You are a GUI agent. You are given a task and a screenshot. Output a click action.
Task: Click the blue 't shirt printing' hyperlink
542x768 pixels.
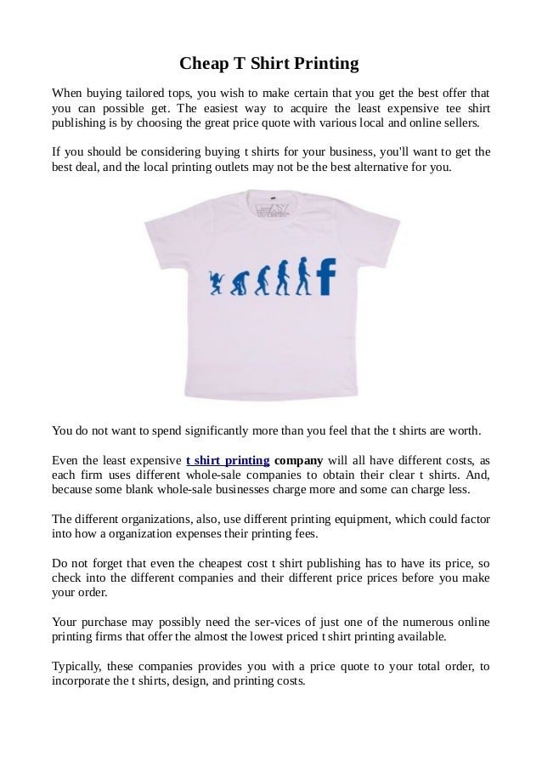click(227, 461)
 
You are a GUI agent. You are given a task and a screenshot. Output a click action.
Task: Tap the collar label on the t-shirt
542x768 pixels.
click(271, 208)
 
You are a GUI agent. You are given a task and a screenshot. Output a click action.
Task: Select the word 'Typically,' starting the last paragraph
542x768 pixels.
click(81, 668)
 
